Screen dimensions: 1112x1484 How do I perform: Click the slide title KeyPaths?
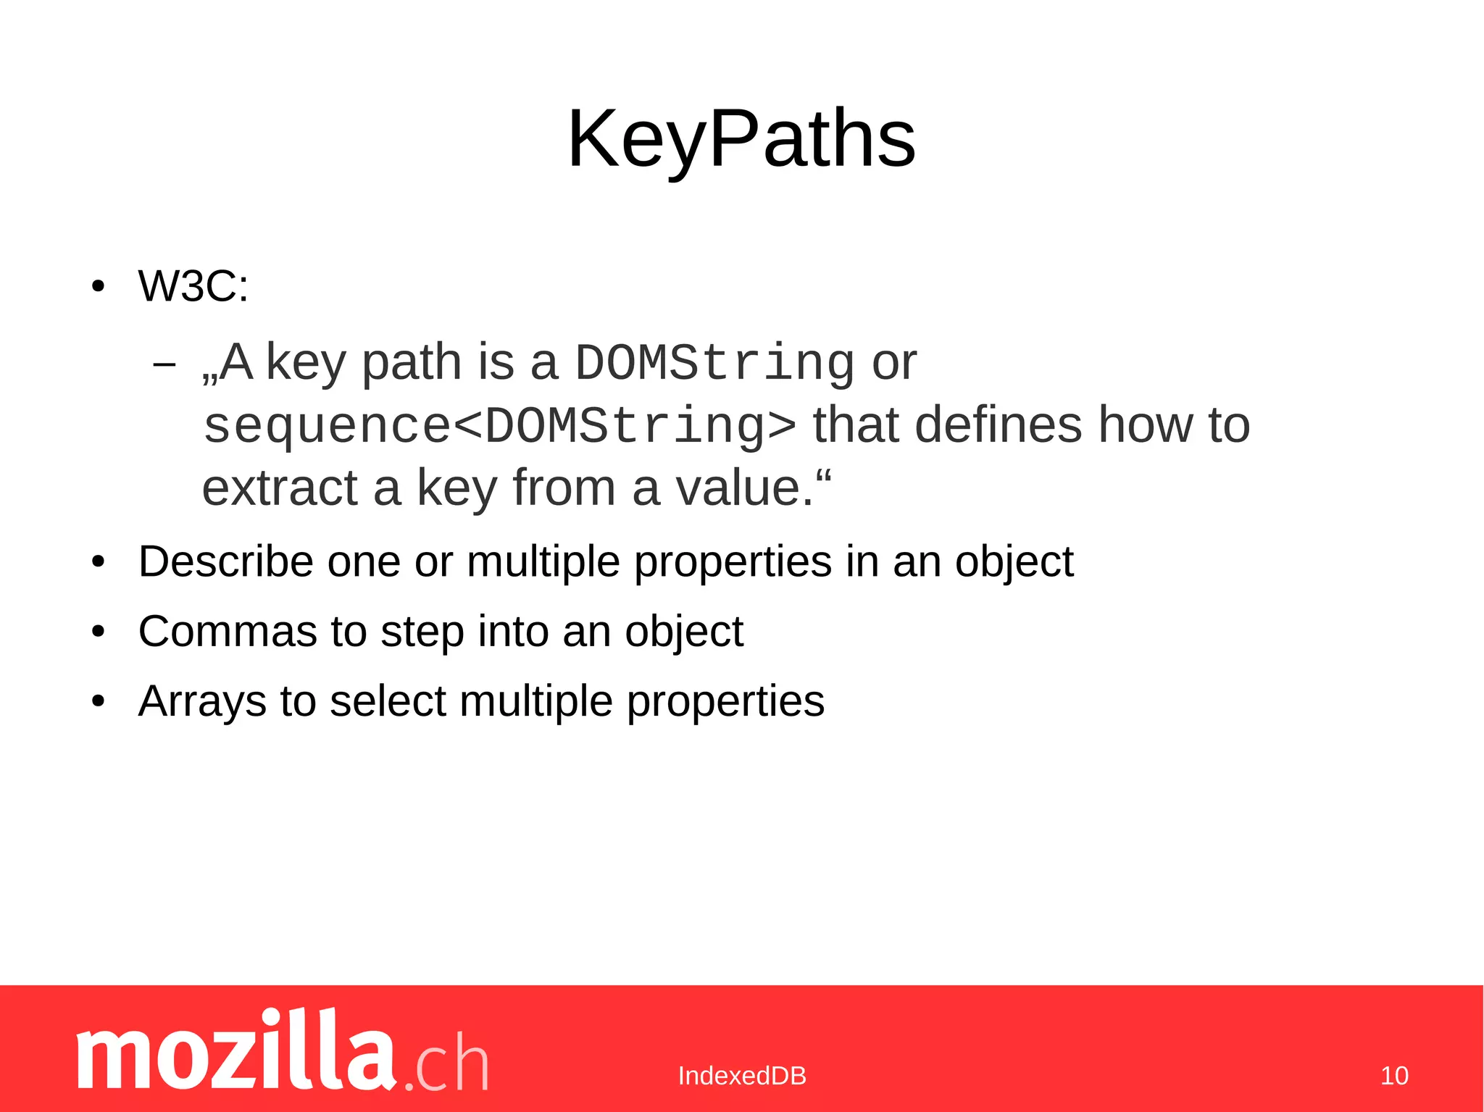[x=741, y=138]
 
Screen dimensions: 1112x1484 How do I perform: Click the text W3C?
[x=193, y=285]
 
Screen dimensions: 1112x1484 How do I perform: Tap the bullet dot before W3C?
[x=99, y=286]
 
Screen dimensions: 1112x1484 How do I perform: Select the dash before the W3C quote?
[x=164, y=364]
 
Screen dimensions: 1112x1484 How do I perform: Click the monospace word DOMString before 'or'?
[x=714, y=363]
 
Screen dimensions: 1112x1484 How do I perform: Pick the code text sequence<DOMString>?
[x=499, y=426]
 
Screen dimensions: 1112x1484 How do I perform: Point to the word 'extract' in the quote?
[x=279, y=488]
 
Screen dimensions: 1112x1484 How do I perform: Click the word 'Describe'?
[x=225, y=561]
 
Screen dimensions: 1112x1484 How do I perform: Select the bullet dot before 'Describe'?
[x=99, y=562]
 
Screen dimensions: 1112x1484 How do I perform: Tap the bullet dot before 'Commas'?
[x=99, y=632]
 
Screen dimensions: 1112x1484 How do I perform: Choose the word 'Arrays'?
[x=202, y=701]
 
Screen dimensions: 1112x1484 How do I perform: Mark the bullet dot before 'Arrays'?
[x=99, y=701]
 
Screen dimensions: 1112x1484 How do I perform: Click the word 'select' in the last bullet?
[x=387, y=701]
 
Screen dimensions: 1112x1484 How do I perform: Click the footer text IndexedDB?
[x=742, y=1076]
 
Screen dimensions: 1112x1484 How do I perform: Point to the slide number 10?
[x=1394, y=1076]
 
